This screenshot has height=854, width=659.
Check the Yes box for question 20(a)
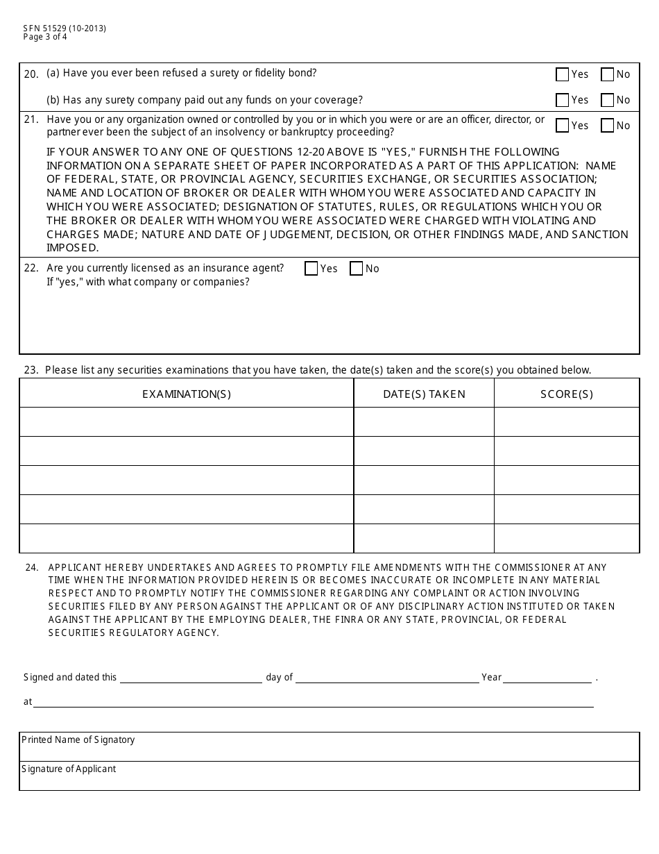click(x=563, y=74)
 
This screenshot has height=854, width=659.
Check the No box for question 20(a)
click(x=607, y=74)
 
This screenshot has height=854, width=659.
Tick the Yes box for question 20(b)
click(x=563, y=100)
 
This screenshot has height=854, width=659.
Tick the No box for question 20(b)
click(x=607, y=100)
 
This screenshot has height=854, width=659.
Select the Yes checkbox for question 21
click(x=563, y=126)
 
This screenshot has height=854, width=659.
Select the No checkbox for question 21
click(x=607, y=126)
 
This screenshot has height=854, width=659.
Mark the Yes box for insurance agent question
click(x=311, y=269)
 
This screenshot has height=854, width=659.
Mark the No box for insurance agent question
click(x=357, y=269)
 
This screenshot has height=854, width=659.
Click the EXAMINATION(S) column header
click(x=187, y=394)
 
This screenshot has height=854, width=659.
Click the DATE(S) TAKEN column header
click(x=424, y=394)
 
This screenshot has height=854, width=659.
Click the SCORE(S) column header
click(x=567, y=394)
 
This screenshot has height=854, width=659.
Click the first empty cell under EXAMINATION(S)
click(x=187, y=421)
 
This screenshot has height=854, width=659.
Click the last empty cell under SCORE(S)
click(x=567, y=538)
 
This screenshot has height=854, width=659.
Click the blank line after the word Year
click(x=547, y=678)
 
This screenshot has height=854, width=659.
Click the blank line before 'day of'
click(x=191, y=678)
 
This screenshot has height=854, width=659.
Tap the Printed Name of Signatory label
click(x=78, y=740)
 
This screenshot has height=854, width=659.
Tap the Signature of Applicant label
click(x=69, y=769)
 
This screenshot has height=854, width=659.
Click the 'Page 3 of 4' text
click(x=45, y=37)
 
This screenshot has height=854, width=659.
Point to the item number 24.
click(x=31, y=567)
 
